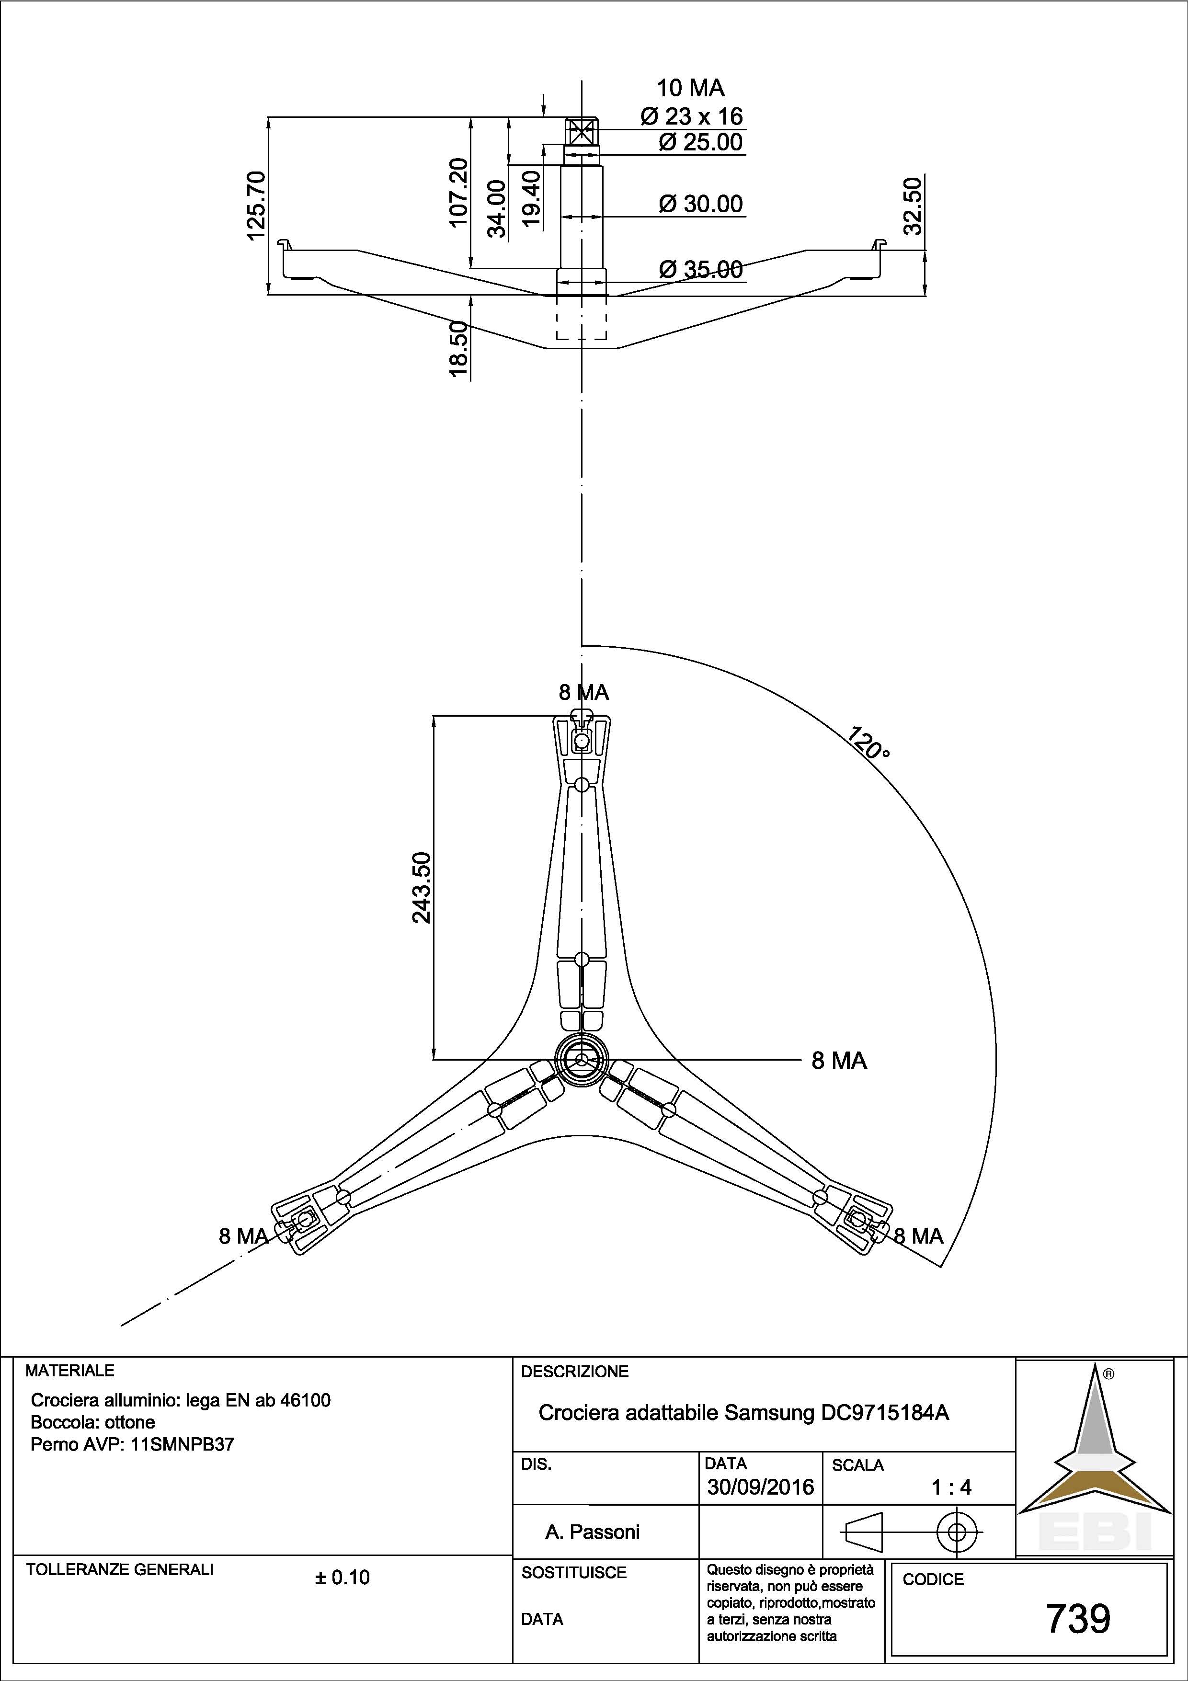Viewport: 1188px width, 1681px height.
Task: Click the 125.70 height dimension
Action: pyautogui.click(x=257, y=206)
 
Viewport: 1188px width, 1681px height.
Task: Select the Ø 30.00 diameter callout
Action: pyautogui.click(x=700, y=204)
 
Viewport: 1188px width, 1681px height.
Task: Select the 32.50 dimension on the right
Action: pyautogui.click(x=912, y=206)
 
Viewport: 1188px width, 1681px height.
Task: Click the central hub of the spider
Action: pyautogui.click(x=581, y=1059)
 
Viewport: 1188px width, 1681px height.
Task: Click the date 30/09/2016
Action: pyautogui.click(x=760, y=1487)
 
